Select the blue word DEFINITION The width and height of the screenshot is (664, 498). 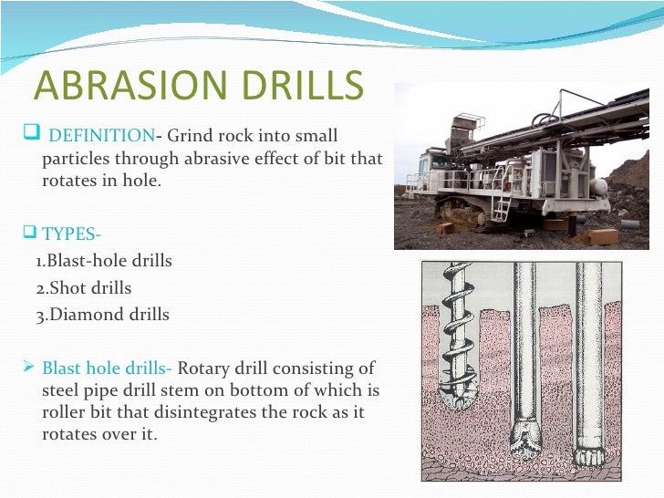100,137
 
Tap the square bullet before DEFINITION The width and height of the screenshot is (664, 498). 26,137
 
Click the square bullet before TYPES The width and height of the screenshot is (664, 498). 26,232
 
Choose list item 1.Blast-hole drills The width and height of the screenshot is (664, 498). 103,261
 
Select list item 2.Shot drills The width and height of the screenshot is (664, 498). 83,288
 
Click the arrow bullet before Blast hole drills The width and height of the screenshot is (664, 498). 26,368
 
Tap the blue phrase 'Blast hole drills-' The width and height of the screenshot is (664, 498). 108,369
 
